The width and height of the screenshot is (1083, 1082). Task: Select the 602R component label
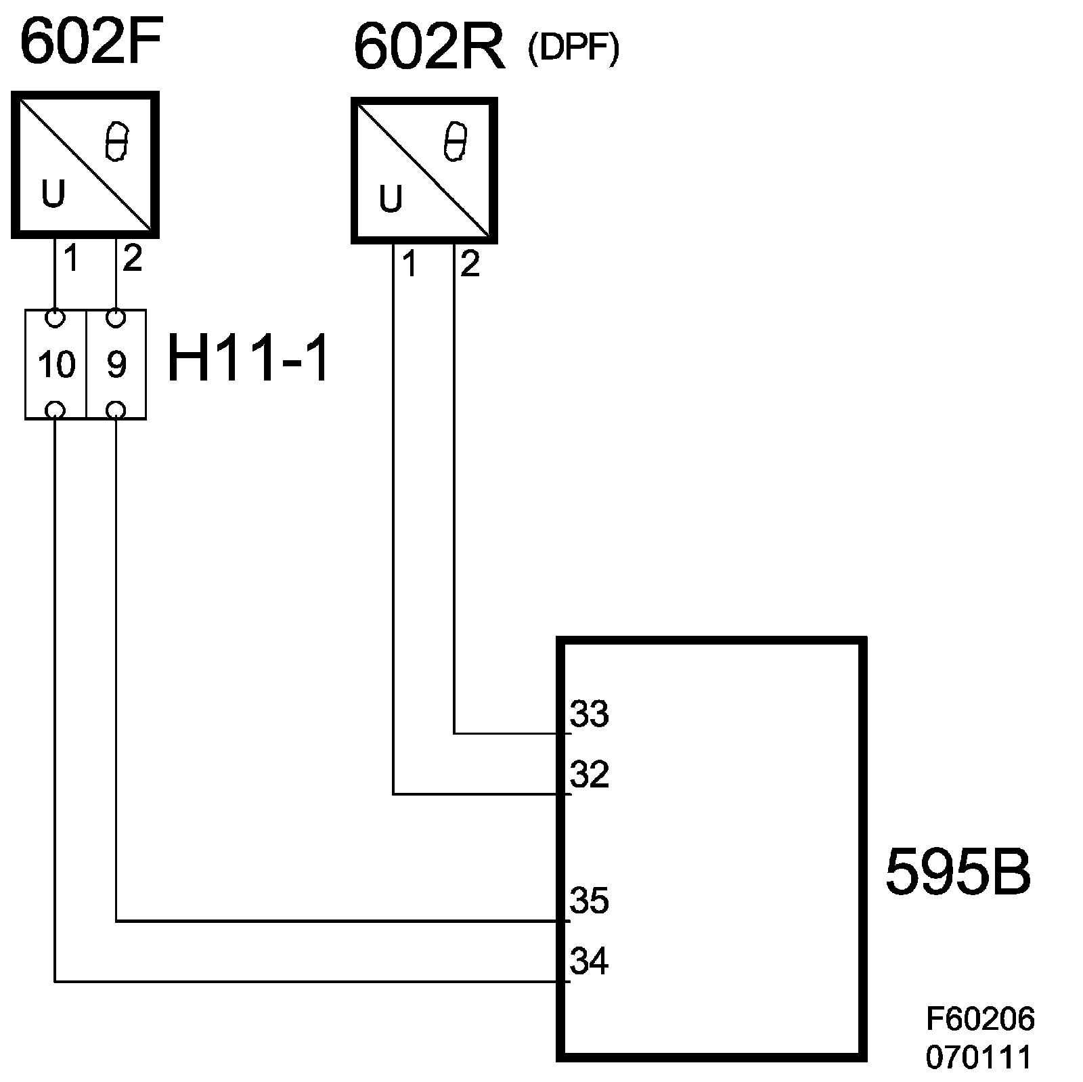(x=429, y=49)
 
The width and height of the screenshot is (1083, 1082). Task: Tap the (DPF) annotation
(x=573, y=50)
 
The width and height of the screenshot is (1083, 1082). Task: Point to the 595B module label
(x=958, y=873)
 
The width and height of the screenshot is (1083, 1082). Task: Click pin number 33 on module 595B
(x=590, y=714)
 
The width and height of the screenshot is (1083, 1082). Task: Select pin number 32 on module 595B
(x=590, y=775)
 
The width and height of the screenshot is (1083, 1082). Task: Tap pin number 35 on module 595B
(x=590, y=901)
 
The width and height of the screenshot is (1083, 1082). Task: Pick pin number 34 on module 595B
(x=590, y=961)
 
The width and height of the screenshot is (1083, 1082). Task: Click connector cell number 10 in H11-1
(x=56, y=365)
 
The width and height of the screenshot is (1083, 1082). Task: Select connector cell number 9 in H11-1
(x=116, y=365)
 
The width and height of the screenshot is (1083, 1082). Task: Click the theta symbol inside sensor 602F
(x=116, y=142)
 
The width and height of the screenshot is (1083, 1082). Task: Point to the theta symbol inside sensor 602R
(x=455, y=142)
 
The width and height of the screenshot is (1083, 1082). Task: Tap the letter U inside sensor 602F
(x=53, y=195)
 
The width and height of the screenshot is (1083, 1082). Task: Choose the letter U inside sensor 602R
(x=391, y=199)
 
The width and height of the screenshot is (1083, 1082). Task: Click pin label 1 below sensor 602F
(x=71, y=259)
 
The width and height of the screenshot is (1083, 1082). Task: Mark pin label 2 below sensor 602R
(x=470, y=264)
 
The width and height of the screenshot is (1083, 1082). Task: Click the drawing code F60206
(x=980, y=1019)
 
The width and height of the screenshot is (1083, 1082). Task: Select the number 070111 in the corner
(x=979, y=1057)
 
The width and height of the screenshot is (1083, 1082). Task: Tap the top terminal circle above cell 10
(x=56, y=317)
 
